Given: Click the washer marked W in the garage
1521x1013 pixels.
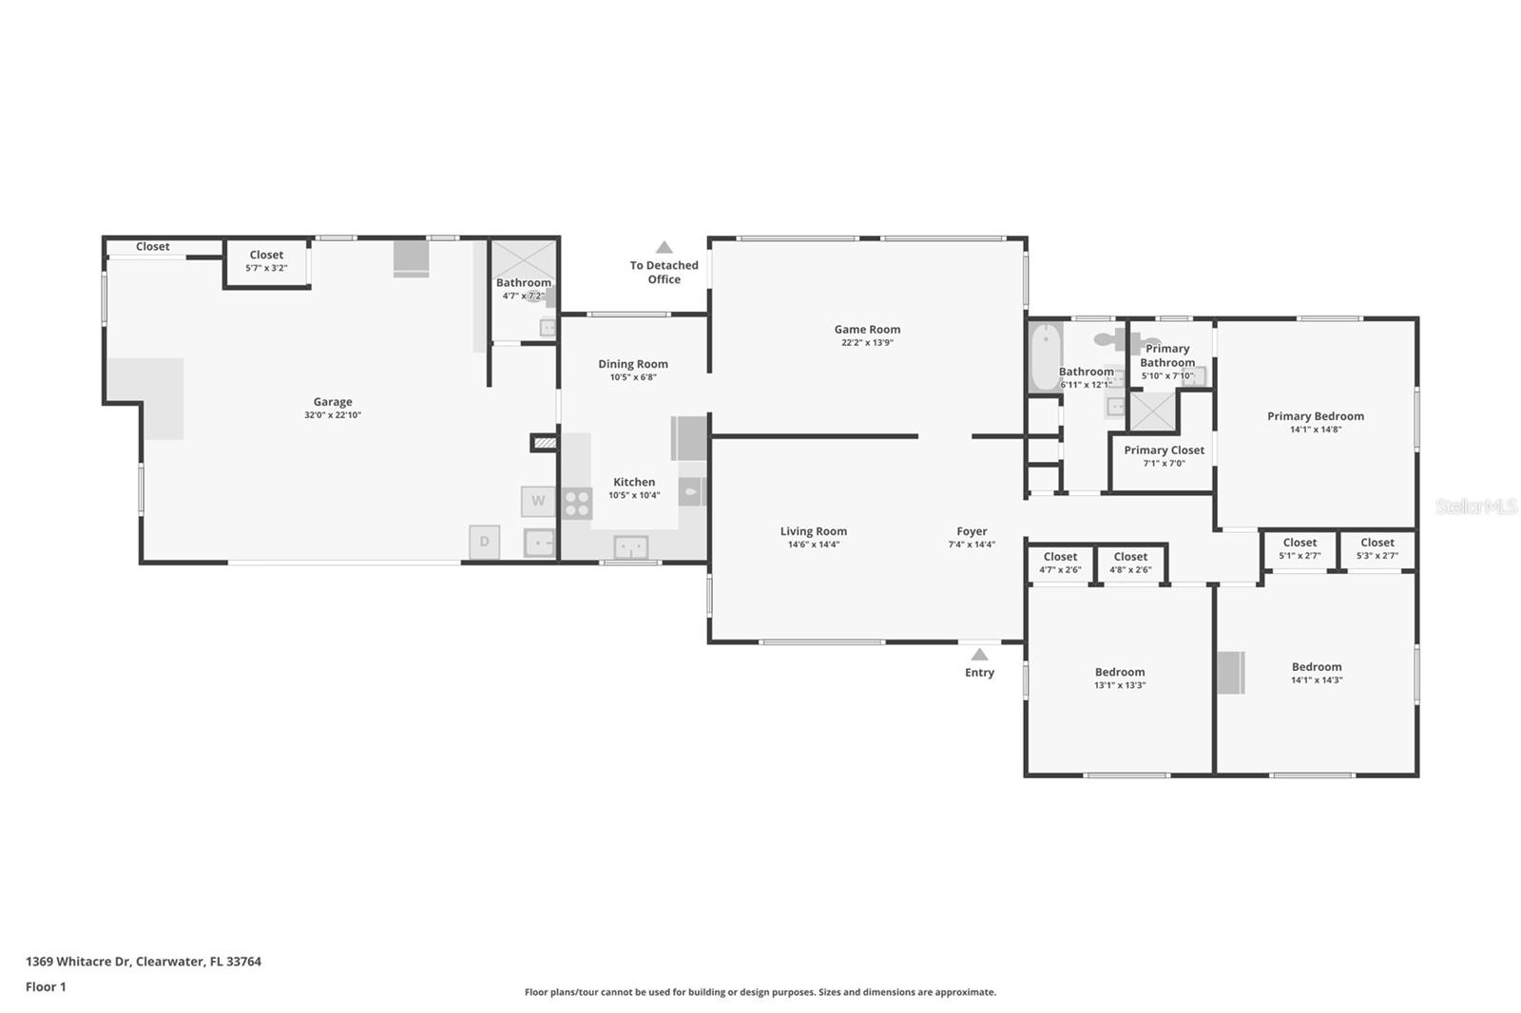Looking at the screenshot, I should click(x=538, y=501).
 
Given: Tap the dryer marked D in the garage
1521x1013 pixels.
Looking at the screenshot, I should click(x=484, y=542).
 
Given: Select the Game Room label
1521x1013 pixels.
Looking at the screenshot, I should click(x=867, y=330).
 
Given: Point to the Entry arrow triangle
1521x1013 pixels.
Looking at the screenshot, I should click(x=979, y=654).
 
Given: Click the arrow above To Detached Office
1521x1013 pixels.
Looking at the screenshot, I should click(x=664, y=247).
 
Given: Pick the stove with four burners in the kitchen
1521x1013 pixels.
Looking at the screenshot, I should click(x=577, y=503).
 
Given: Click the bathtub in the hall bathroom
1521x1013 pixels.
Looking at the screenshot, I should click(x=1045, y=357).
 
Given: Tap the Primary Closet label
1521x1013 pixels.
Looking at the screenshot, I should click(x=1164, y=450).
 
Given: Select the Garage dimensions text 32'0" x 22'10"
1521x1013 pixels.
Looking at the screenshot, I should click(x=333, y=415).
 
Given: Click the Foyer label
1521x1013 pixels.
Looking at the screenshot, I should click(x=972, y=532).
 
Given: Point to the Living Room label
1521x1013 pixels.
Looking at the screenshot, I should click(x=814, y=532).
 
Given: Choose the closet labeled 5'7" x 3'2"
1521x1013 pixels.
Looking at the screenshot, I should click(x=266, y=262).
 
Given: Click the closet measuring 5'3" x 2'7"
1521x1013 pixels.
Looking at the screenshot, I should click(x=1377, y=549).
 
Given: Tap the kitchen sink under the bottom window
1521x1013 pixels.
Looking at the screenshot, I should click(x=630, y=546).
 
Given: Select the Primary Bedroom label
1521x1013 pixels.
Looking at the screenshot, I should click(x=1315, y=416).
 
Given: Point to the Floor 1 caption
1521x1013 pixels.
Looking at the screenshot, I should click(x=46, y=986).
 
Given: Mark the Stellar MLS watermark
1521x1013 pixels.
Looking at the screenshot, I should click(x=1475, y=506).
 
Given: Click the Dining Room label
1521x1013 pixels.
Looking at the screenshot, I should click(x=633, y=364).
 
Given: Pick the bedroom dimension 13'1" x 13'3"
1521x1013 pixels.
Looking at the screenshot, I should click(x=1120, y=685).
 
